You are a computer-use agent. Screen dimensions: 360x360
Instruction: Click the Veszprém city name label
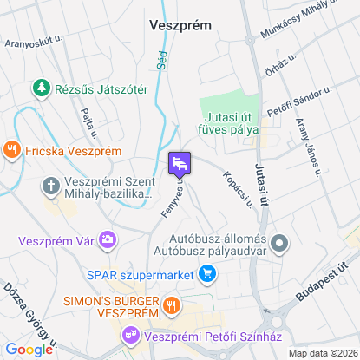click(180, 25)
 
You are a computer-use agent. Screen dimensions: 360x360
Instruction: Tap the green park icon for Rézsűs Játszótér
click(40, 88)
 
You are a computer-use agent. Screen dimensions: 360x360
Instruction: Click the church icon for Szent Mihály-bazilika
click(51, 186)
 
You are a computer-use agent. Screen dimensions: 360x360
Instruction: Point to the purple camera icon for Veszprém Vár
click(107, 238)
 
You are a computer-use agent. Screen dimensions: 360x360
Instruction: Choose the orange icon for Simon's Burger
click(172, 304)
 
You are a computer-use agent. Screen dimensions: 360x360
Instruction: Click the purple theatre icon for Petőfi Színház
click(131, 333)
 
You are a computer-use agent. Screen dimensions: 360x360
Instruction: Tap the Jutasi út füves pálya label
click(232, 123)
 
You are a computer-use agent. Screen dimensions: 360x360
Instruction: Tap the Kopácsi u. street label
click(237, 188)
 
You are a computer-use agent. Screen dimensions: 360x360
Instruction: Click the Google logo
click(29, 350)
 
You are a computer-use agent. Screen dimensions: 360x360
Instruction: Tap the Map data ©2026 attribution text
click(322, 353)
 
